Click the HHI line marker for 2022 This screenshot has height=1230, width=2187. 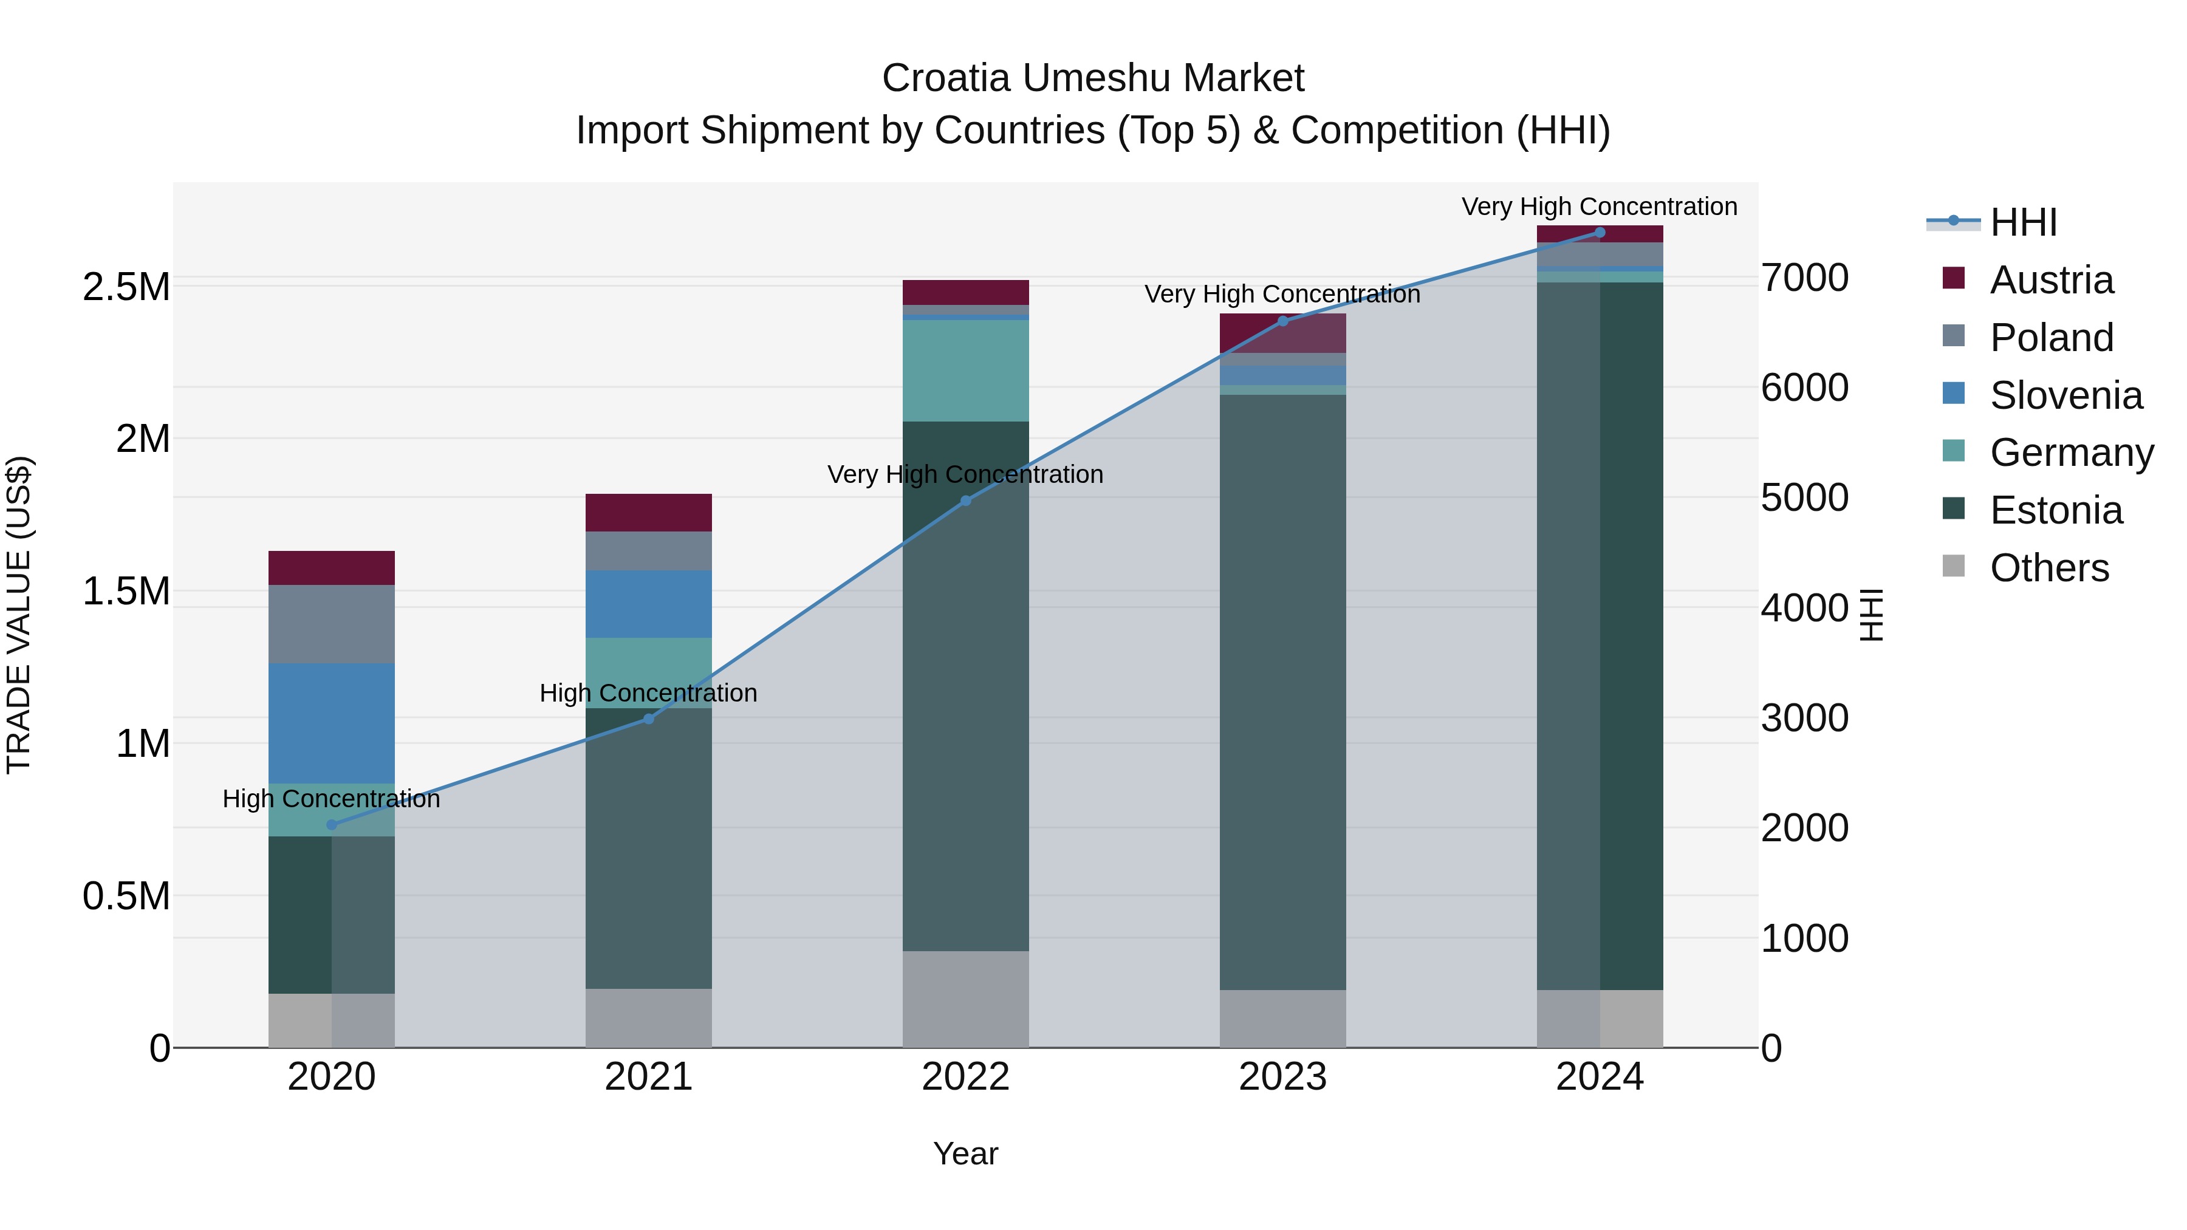(x=965, y=501)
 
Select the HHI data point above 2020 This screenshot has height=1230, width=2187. (x=331, y=824)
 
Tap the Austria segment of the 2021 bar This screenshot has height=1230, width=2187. (x=649, y=513)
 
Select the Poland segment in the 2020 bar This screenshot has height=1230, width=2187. (x=331, y=624)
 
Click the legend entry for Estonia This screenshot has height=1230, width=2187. (x=2055, y=510)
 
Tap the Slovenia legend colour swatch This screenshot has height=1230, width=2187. (x=1953, y=394)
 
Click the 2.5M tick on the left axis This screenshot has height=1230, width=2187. (x=126, y=287)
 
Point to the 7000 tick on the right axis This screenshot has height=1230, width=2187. (x=1804, y=278)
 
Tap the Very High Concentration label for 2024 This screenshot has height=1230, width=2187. (x=1599, y=207)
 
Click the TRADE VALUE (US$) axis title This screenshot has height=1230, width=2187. (x=19, y=615)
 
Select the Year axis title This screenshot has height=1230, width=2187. (x=965, y=1153)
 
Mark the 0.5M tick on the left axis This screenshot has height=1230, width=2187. (x=126, y=897)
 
